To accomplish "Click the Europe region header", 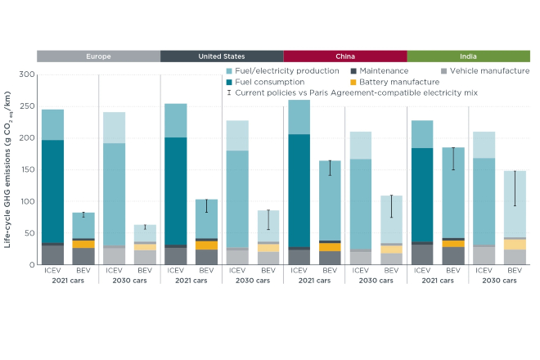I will [98, 56].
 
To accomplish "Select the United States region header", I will [222, 56].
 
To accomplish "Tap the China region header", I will [345, 56].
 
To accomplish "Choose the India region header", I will [468, 56].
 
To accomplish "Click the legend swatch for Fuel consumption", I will [229, 82].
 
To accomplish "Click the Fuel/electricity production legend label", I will [282, 71].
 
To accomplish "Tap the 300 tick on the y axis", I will [26, 74].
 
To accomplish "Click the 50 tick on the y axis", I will [29, 234].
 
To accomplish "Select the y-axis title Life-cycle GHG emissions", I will [11, 170].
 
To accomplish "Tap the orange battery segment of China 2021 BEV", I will [330, 247].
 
